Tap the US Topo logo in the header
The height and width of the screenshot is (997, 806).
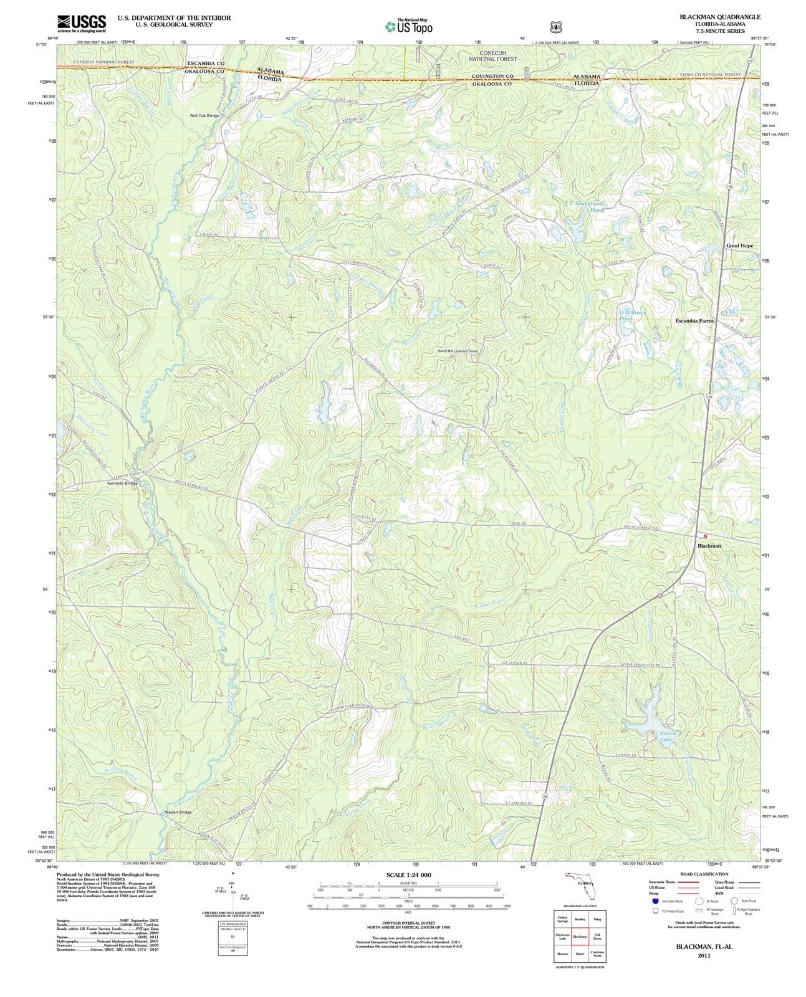(408, 26)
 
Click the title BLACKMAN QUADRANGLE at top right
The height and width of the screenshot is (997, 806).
(720, 17)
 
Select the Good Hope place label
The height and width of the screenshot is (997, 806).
(739, 246)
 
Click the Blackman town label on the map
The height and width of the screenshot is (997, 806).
(709, 545)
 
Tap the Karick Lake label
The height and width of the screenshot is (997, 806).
(668, 737)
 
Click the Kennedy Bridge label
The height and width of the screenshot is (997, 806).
(122, 483)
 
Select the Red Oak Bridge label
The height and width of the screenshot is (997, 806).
(205, 116)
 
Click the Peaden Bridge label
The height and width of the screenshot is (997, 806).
(178, 812)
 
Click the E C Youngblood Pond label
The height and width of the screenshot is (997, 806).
(583, 206)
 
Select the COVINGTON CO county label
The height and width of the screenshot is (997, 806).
(492, 76)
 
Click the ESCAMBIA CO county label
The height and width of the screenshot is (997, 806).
(206, 64)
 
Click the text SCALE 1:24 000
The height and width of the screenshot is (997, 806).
(408, 875)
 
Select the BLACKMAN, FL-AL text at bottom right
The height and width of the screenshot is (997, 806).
(704, 946)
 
